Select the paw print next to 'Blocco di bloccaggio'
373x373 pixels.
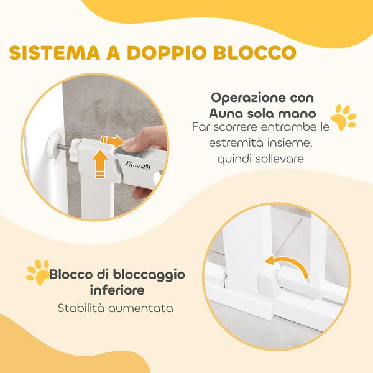tap(37, 272)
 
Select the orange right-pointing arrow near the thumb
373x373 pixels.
tap(114, 141)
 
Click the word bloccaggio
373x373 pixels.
tap(150, 274)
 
